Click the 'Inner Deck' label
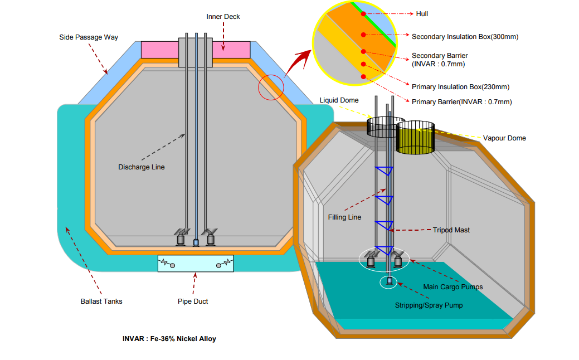(x=223, y=17)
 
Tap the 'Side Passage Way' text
(x=89, y=38)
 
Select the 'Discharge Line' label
(x=142, y=167)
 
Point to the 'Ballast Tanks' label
(x=101, y=301)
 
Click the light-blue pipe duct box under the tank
(x=195, y=264)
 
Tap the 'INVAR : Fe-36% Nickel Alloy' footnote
(x=169, y=339)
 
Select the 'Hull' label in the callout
(x=422, y=13)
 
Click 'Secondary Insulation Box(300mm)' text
(x=465, y=37)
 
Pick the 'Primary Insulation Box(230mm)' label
(x=460, y=87)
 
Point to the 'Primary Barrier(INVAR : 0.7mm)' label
(x=461, y=102)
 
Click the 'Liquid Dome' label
(x=339, y=100)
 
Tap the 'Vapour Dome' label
(x=504, y=138)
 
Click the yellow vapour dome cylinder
(x=415, y=139)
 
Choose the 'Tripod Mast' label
(x=451, y=230)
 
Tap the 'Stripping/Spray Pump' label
(x=429, y=305)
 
